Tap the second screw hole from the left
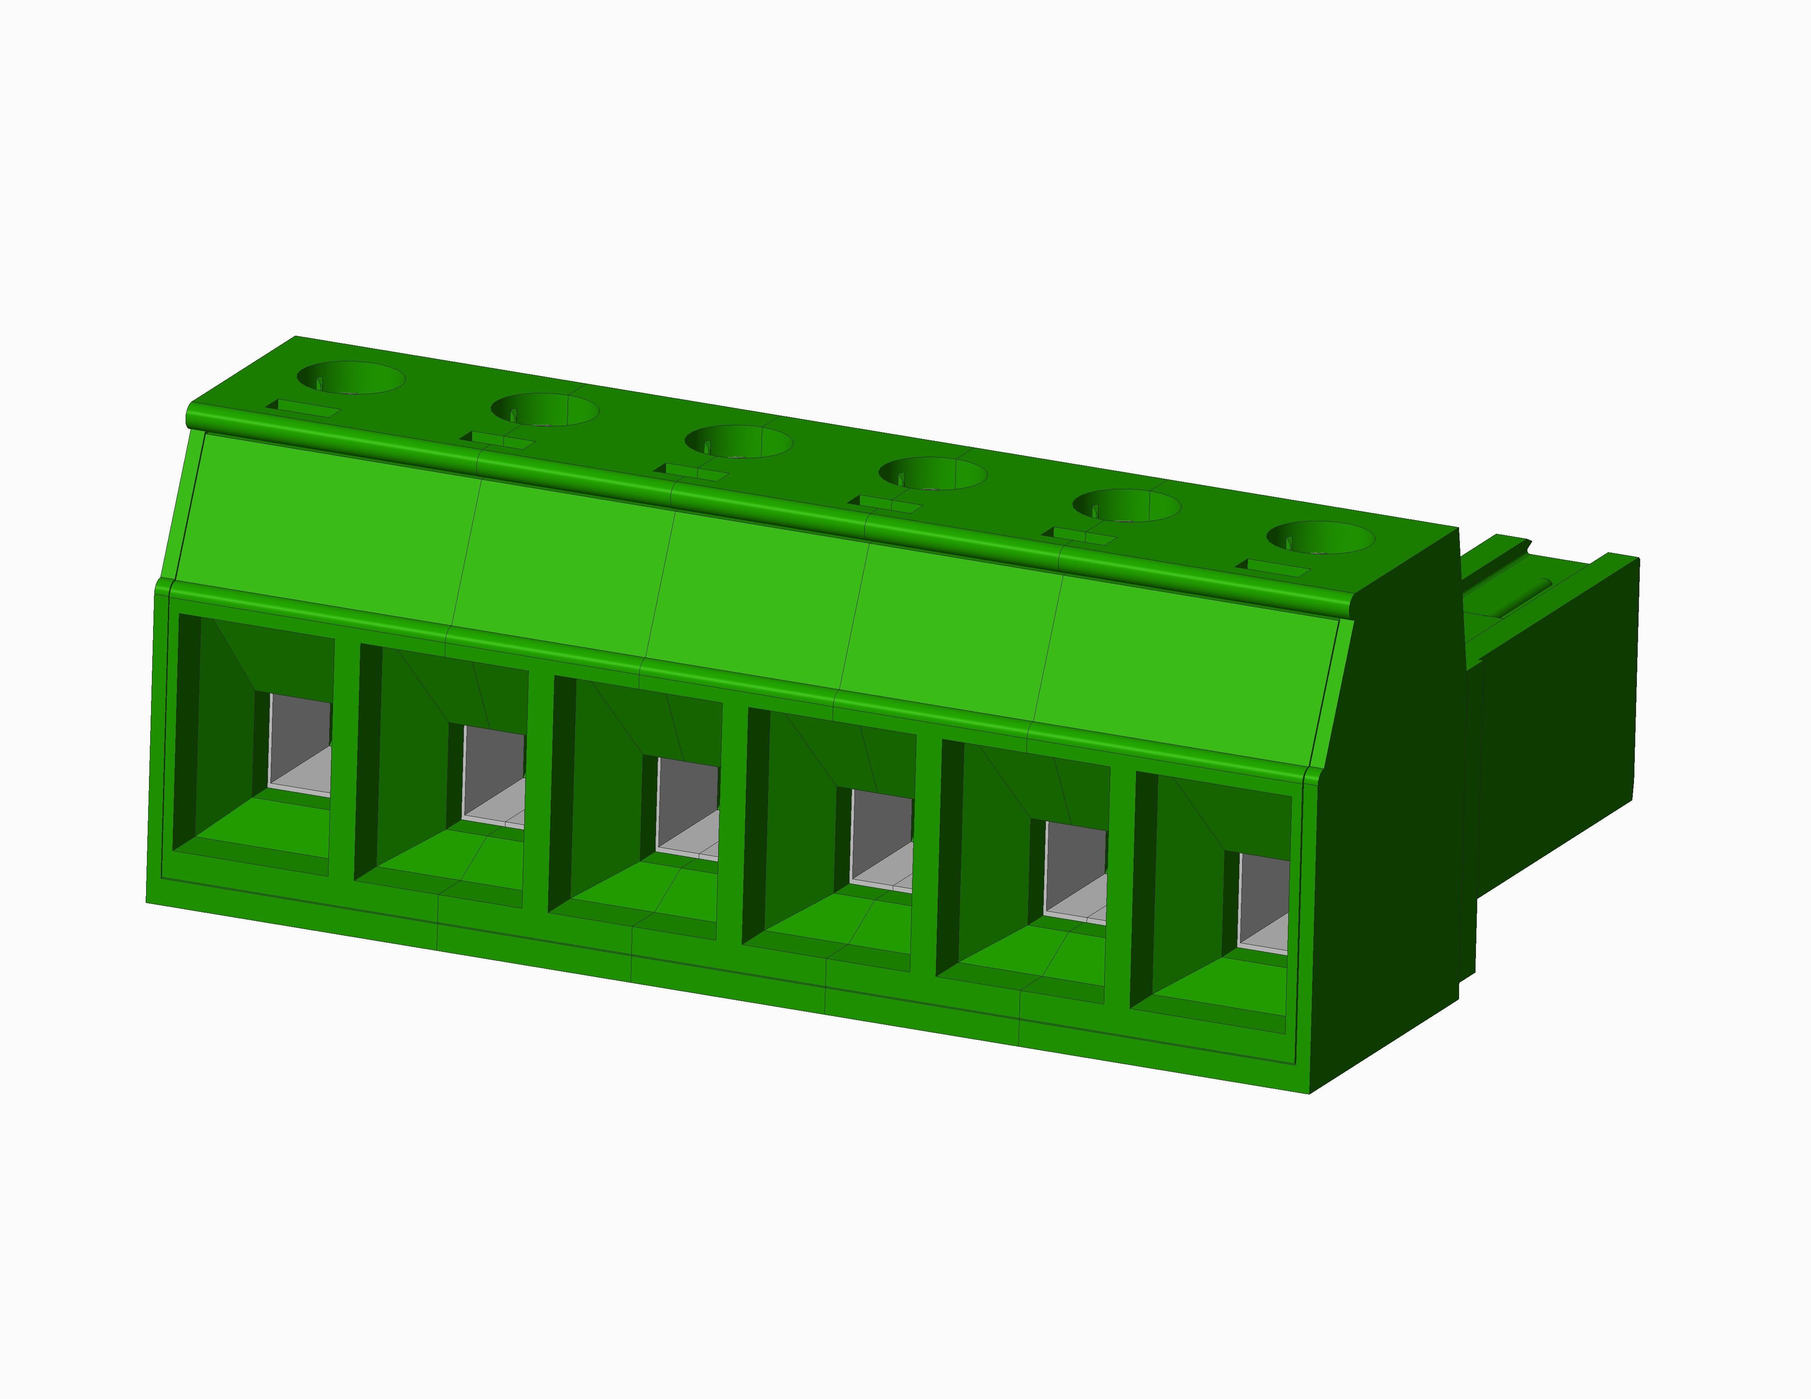coord(545,409)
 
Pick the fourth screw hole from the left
coord(933,473)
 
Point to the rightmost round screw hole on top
coord(1320,537)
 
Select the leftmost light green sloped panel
coord(324,522)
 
